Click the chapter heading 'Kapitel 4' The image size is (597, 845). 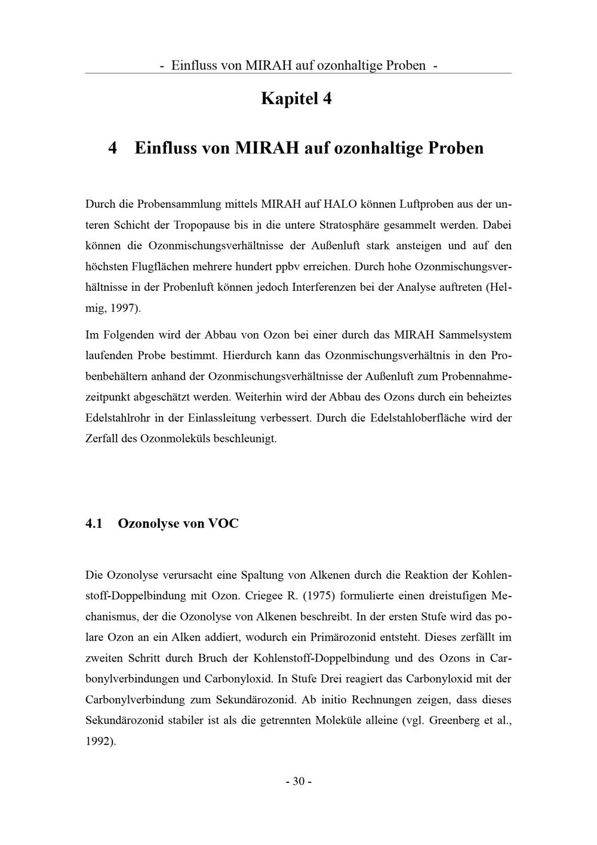click(296, 99)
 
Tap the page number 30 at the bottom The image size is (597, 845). click(298, 781)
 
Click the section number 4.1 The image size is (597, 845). click(94, 524)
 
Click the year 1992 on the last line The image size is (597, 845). click(99, 741)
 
